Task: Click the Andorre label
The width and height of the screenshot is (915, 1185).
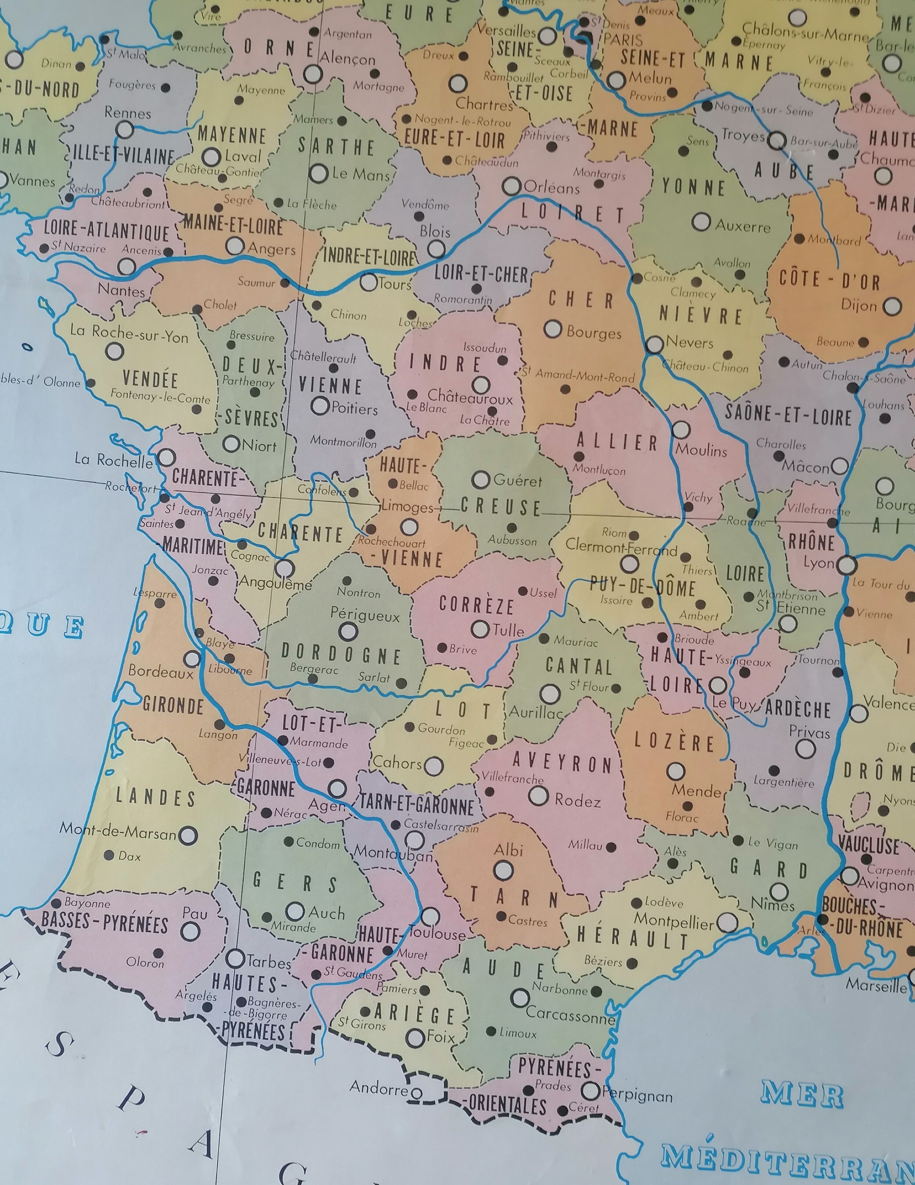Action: (378, 1087)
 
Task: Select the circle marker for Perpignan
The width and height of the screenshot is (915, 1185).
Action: (590, 1090)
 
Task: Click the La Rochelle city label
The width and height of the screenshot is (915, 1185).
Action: (113, 460)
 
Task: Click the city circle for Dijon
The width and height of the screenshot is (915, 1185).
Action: (892, 307)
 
